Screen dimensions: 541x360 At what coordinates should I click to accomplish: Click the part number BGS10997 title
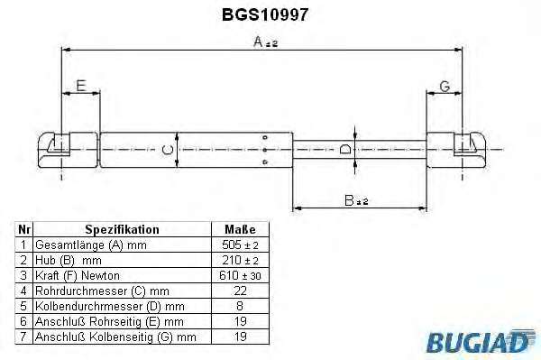point(264,14)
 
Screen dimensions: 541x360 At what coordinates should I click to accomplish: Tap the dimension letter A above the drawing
point(258,42)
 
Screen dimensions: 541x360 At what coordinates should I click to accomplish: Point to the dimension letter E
point(81,86)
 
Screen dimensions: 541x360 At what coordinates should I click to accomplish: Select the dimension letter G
point(445,87)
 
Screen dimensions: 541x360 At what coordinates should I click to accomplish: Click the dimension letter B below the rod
point(349,200)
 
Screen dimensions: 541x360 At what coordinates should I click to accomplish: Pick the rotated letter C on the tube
point(168,150)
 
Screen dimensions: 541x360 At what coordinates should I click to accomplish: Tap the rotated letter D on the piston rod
point(345,150)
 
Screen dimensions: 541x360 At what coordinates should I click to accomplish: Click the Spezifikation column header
point(122,229)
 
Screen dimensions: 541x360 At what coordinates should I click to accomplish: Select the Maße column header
point(240,229)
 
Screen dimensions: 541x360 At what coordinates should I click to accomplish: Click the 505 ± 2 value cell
point(240,245)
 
